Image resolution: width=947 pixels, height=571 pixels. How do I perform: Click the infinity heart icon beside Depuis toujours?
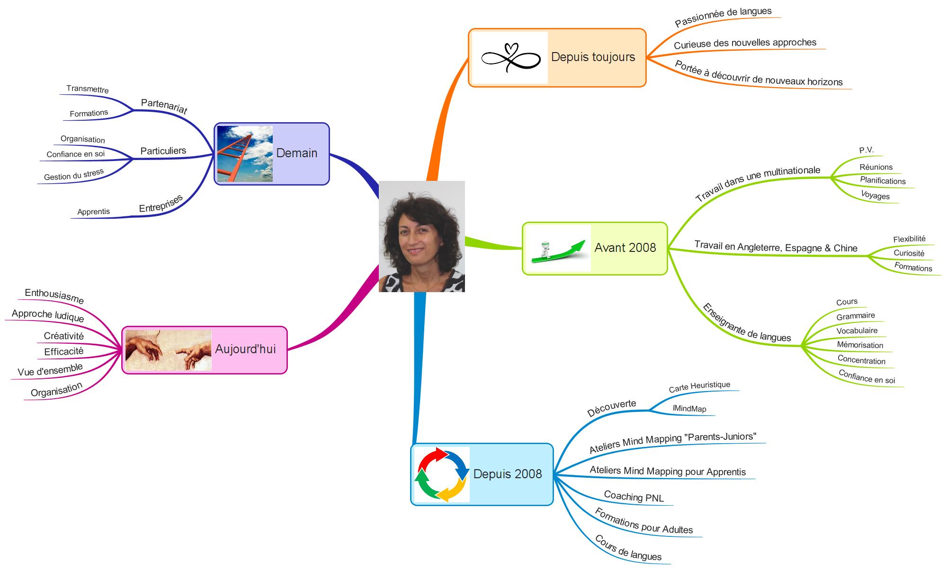coord(510,58)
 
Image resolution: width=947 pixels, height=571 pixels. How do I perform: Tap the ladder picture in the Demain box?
coord(245,154)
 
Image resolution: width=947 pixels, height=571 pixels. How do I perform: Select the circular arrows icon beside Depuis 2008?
coord(442,474)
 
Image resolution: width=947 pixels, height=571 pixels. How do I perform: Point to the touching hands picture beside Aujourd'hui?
coord(168,350)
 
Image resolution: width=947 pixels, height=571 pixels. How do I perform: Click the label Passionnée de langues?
coord(723,17)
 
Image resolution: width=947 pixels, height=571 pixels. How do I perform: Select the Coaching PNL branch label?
coord(634,497)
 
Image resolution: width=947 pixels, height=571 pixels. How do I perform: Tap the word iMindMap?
coord(689,409)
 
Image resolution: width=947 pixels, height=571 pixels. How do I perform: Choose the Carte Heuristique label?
coord(699,387)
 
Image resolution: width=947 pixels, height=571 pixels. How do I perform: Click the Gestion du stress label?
coord(74,175)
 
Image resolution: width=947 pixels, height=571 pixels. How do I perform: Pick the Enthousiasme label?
coord(54,296)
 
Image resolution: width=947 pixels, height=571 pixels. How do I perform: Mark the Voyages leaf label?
coord(875,196)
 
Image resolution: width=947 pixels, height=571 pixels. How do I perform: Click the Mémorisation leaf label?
coord(860,345)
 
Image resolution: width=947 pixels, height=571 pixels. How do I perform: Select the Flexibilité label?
coord(909,239)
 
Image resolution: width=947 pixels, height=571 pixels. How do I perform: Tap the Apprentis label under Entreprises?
coord(94,212)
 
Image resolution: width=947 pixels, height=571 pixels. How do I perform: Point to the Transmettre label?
coord(88,89)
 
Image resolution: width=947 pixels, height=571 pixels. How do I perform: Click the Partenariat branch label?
coord(164,106)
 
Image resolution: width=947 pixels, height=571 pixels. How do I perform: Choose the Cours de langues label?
coord(628,548)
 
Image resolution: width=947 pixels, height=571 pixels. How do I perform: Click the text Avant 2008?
coord(625,248)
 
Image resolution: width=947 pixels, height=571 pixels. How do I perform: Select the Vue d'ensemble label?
coord(50,370)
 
